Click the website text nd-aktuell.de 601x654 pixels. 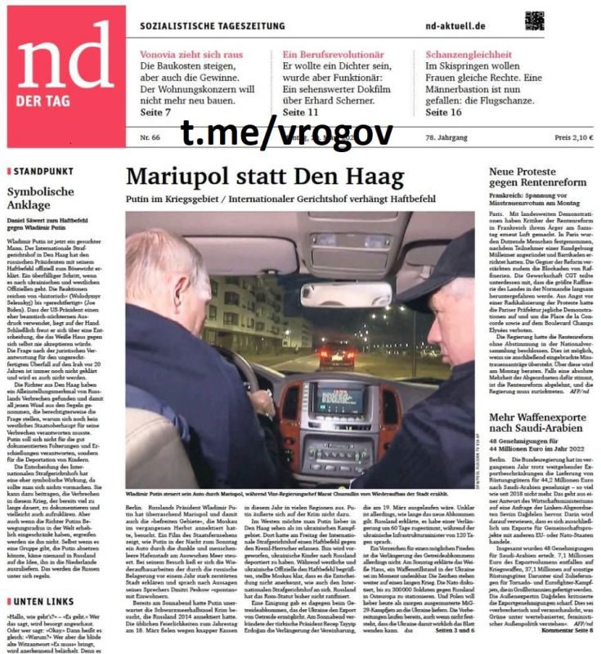pos(456,25)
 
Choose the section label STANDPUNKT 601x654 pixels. pos(37,171)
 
